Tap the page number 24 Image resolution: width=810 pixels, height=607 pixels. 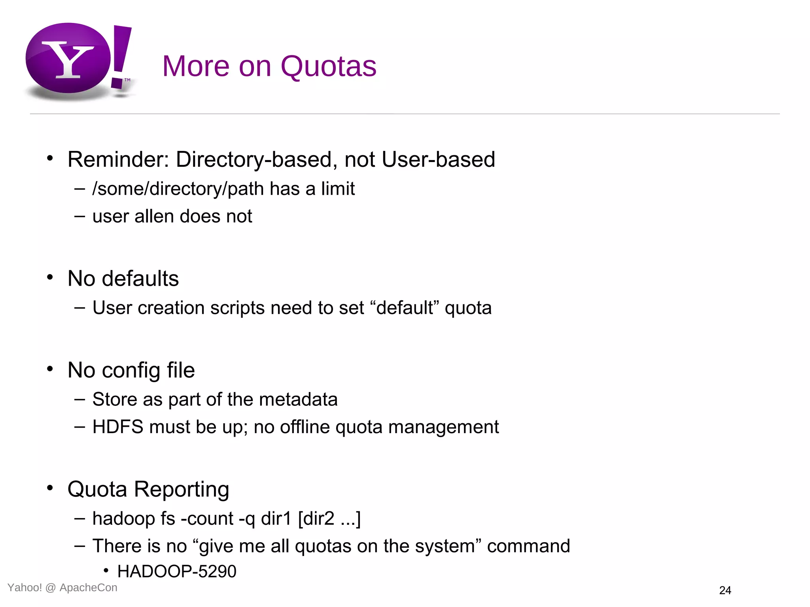pyautogui.click(x=725, y=590)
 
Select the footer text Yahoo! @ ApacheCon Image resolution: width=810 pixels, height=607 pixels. pyautogui.click(x=62, y=588)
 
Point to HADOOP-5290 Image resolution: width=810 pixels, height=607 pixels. pyautogui.click(x=177, y=571)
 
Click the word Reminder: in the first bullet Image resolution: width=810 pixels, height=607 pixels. pyautogui.click(x=118, y=160)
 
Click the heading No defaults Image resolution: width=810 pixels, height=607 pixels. pyautogui.click(x=123, y=279)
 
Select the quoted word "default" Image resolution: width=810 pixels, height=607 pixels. pyautogui.click(x=405, y=308)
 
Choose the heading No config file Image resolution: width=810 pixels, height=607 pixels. pyautogui.click(x=131, y=370)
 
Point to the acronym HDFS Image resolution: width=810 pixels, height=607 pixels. pyautogui.click(x=117, y=427)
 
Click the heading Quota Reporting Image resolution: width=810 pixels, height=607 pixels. pyautogui.click(x=148, y=490)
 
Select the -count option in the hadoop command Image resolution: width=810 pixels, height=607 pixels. pyautogui.click(x=207, y=518)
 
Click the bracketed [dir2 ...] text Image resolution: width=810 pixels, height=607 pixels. pyautogui.click(x=329, y=518)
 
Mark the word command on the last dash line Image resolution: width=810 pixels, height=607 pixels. pyautogui.click(x=528, y=546)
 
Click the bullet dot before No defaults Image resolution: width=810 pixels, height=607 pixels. pyautogui.click(x=50, y=277)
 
